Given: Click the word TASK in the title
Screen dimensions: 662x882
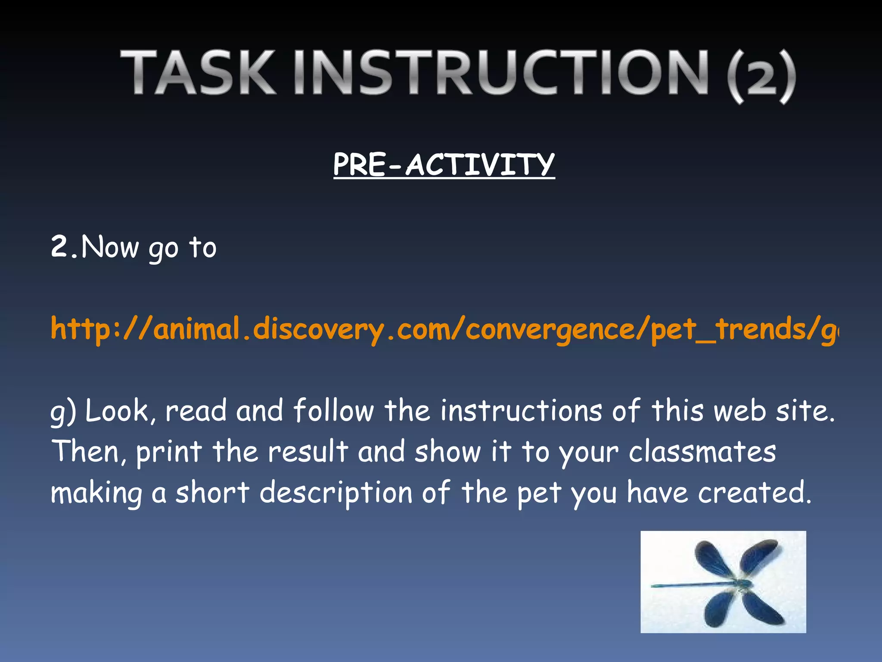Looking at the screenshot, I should pos(198,72).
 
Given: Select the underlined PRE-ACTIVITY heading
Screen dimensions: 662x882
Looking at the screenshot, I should pos(444,165).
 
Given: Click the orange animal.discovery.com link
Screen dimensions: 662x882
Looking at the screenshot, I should pos(444,329).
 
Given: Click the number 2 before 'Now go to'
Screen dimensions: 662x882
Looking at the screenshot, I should pos(60,247).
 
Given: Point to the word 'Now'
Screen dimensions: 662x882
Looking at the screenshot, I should pos(110,248).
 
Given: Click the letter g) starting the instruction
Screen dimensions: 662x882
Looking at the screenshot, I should pos(63,412).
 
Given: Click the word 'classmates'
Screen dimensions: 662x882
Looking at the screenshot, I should pos(702,452).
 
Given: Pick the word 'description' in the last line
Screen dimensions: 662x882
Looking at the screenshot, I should pos(336,493).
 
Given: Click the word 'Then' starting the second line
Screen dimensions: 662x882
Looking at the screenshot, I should pos(86,452).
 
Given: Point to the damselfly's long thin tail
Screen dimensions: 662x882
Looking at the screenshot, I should pos(689,585).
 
